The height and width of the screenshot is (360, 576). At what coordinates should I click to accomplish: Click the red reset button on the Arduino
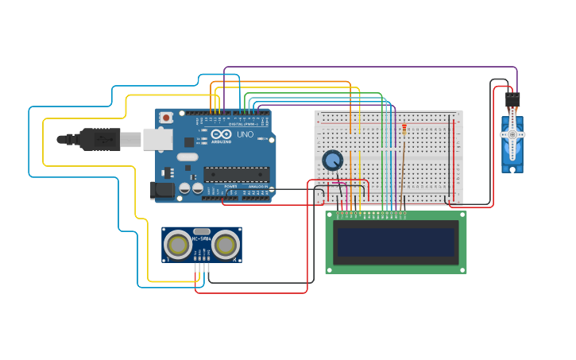click(x=165, y=118)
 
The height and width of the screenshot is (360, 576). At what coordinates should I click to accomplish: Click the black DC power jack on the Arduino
click(x=161, y=190)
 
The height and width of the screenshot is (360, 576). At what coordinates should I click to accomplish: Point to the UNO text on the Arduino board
click(x=245, y=134)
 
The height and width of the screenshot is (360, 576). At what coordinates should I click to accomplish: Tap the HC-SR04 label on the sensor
click(x=201, y=238)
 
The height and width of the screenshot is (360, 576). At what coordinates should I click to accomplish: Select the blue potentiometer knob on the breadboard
click(x=332, y=161)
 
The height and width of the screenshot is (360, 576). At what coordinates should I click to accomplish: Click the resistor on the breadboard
click(x=404, y=130)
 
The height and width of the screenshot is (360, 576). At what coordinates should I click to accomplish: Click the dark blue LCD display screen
click(x=396, y=242)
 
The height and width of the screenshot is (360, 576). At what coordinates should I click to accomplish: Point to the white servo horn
click(x=512, y=135)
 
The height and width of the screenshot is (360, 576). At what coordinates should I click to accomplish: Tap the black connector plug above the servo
click(x=512, y=100)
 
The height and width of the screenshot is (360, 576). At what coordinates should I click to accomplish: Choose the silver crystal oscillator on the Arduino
click(x=187, y=157)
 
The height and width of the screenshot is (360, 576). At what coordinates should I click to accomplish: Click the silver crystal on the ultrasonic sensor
click(x=202, y=231)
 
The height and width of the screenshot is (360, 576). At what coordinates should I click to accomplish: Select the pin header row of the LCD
click(x=371, y=213)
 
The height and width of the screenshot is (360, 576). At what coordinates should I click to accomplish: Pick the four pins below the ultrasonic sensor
click(x=201, y=267)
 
